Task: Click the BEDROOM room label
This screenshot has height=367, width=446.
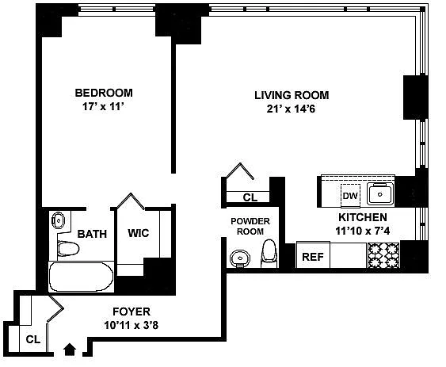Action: pos(104,93)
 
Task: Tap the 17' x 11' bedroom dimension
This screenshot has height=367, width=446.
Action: pos(103,107)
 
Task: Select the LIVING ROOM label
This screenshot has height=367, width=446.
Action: pos(292,95)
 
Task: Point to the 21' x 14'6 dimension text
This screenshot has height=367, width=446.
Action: pos(291,109)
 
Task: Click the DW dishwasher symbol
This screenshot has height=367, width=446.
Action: pos(350,196)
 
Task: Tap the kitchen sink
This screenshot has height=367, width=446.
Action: pos(380,194)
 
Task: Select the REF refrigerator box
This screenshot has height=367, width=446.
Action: pos(313,255)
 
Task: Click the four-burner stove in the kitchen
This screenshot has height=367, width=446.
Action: pos(383,255)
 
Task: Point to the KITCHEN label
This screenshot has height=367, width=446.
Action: pos(363,217)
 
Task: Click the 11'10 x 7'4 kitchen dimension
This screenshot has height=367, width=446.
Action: pos(362,231)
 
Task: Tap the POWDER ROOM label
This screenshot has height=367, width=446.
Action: pos(250,226)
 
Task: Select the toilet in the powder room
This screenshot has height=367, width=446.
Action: pos(269,254)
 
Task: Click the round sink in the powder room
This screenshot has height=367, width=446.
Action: pos(240,258)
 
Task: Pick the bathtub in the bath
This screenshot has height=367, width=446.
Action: pos(81,277)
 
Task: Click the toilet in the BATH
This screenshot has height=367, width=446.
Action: pos(67,249)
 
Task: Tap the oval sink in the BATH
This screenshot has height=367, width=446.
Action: pos(59,220)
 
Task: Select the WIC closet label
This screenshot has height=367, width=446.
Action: pos(139,233)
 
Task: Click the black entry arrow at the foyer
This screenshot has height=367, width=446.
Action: pos(70,350)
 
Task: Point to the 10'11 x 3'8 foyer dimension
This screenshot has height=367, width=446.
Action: pos(132,325)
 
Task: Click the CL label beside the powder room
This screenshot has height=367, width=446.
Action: pos(250,197)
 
